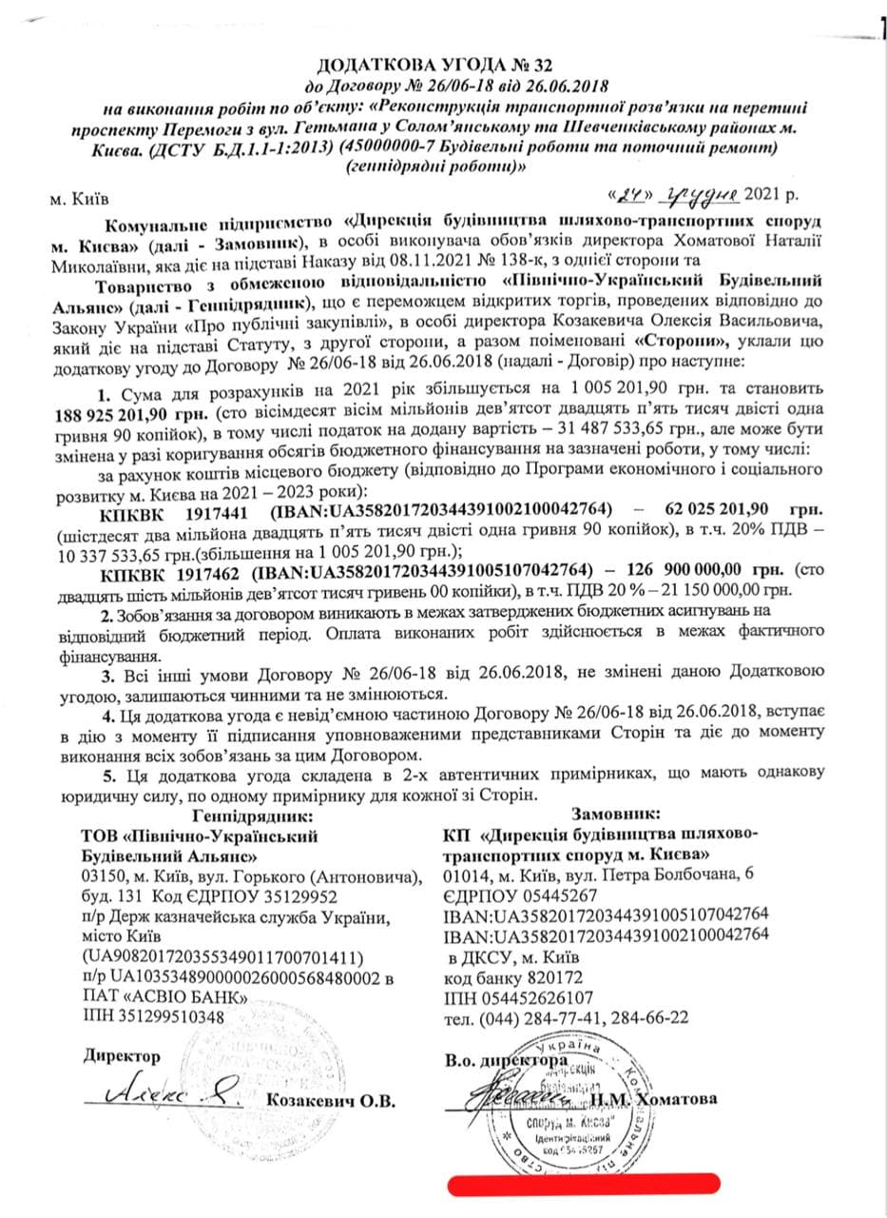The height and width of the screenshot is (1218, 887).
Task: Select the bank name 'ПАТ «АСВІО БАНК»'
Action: pos(165,997)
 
